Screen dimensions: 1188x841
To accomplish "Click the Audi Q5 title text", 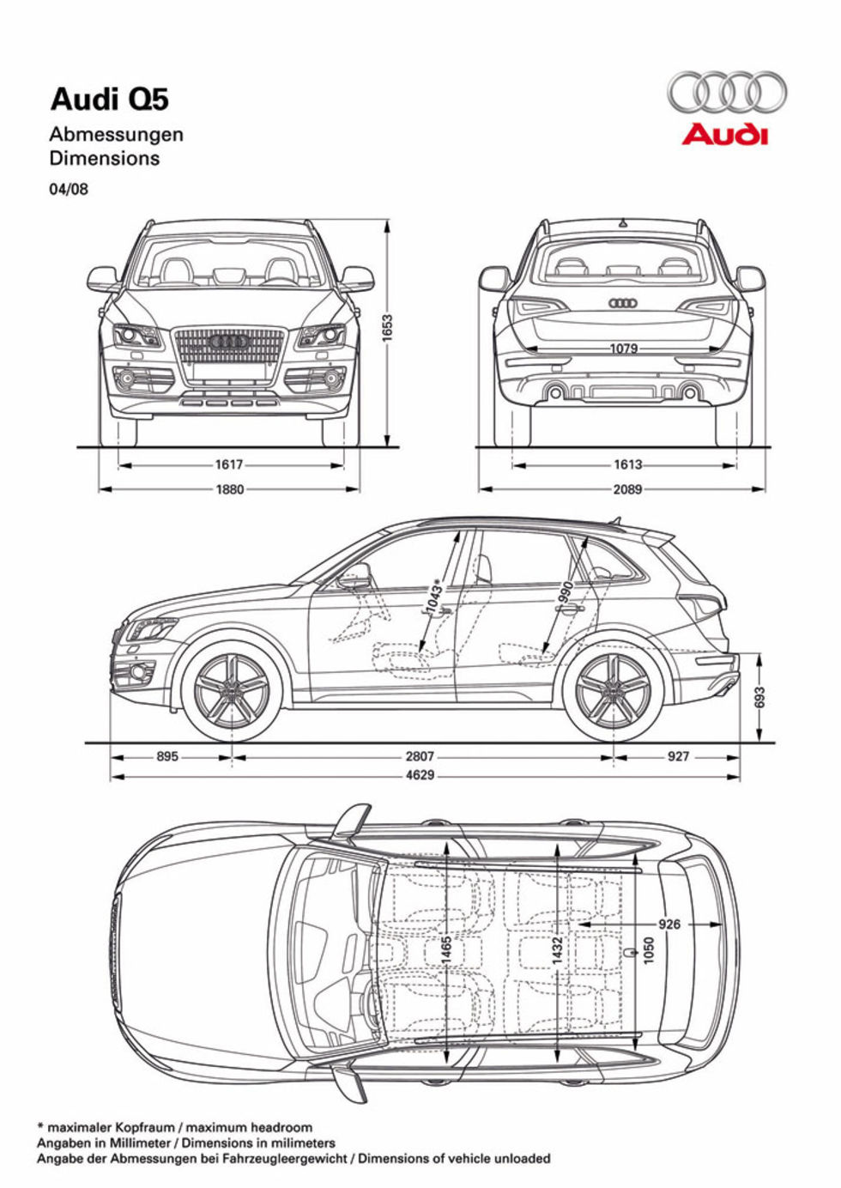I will pos(110,100).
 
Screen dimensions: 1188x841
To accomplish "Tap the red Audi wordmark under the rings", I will pos(725,135).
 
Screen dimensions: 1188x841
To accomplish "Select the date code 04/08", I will pos(69,189).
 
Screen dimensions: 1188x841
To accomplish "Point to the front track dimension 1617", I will pos(229,465).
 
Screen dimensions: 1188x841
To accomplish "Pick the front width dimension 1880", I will pos(229,489).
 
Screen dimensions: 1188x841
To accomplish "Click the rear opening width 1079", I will pos(624,349).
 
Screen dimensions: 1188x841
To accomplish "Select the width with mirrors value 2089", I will pos(627,489).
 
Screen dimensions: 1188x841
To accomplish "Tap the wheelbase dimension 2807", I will pos(420,757).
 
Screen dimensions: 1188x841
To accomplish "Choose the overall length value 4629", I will pos(420,775).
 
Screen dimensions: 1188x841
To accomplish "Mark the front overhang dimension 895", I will pos(167,757).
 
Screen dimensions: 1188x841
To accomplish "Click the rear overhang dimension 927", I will pos(678,757).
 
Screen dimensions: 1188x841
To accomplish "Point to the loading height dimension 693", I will pos(759,697).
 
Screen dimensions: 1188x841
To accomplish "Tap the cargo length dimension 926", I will pos(669,924).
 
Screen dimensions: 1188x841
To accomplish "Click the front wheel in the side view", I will pos(232,691).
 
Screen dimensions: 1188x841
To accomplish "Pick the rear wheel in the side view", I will pos(613,691).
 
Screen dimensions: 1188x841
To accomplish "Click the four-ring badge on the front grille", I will pos(229,342).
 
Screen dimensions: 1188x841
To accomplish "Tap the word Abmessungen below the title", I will pos(116,135).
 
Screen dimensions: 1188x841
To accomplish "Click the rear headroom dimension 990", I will pos(566,592).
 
